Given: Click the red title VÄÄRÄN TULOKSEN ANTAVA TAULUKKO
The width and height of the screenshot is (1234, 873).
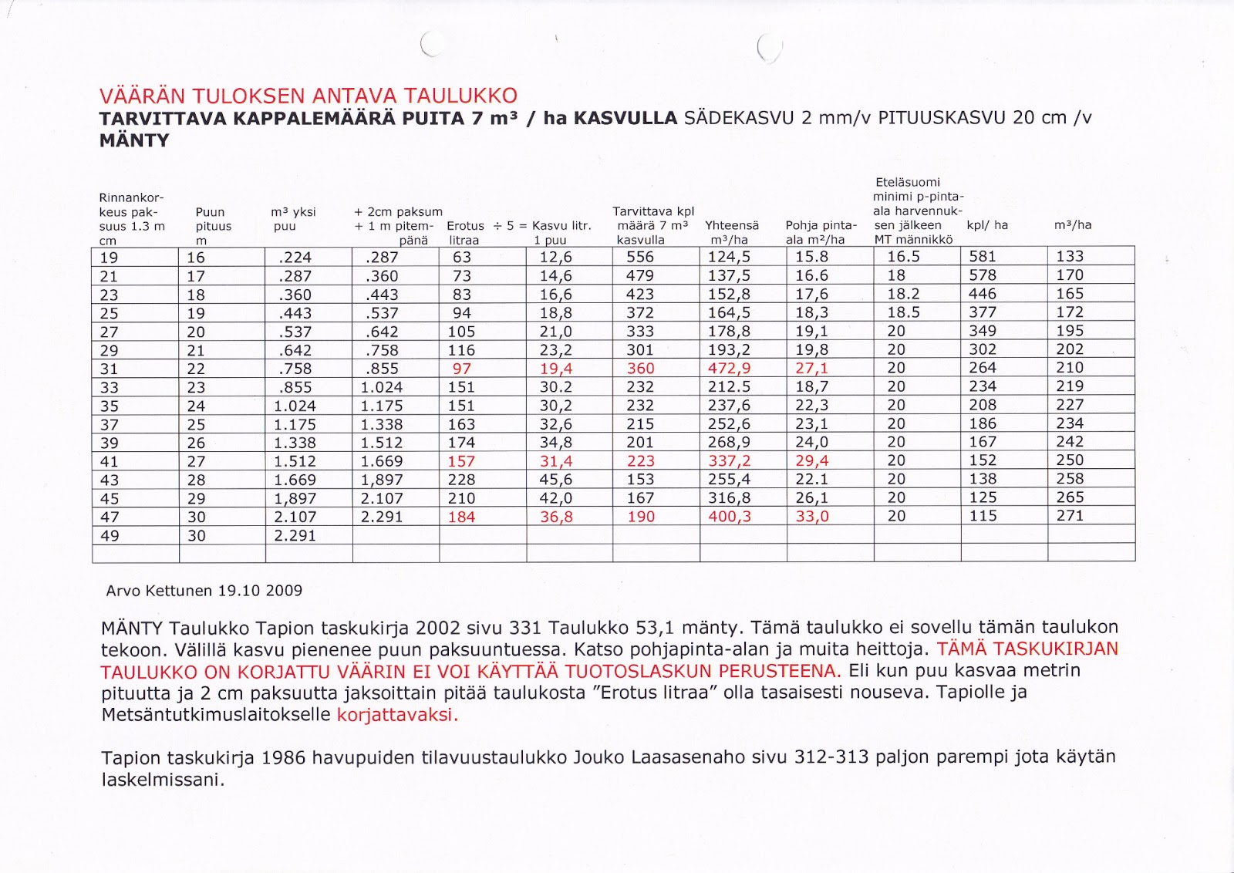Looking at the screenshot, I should (x=308, y=96).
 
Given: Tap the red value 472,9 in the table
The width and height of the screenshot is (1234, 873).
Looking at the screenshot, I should (x=729, y=369).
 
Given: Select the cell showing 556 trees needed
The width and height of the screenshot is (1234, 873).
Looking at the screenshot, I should (x=640, y=257).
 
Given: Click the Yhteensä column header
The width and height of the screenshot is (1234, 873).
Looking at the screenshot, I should (x=731, y=225).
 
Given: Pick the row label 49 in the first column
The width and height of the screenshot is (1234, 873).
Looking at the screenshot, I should (x=110, y=536).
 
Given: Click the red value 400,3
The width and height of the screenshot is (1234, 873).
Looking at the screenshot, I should (x=729, y=517).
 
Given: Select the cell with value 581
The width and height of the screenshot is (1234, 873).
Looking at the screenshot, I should (x=983, y=257).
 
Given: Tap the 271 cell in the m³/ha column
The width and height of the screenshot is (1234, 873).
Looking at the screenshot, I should (x=1070, y=516).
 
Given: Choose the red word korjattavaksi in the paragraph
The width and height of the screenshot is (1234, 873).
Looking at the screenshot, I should (x=397, y=715).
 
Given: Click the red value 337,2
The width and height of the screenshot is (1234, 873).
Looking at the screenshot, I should (x=729, y=461).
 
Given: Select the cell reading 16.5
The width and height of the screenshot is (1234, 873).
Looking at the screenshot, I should (x=903, y=257).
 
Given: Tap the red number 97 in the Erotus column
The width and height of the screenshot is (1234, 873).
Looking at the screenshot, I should (x=461, y=369).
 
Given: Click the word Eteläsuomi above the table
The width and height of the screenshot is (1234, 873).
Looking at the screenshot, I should (x=908, y=182).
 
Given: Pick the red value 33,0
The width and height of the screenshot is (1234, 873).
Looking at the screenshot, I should (x=812, y=517).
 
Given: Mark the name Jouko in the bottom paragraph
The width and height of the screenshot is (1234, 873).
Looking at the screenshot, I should (x=599, y=758).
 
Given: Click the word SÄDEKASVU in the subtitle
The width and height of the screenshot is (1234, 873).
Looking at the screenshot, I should (x=740, y=118).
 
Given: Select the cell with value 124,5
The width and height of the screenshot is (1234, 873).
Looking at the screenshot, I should (x=729, y=257).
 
